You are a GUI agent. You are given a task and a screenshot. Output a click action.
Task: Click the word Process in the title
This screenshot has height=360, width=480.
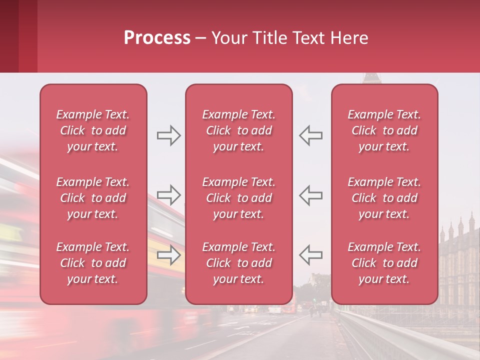point(157,38)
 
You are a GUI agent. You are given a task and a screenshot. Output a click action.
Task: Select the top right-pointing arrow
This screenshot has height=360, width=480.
point(168,135)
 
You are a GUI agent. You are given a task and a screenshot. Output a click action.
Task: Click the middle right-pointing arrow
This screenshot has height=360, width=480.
point(168,194)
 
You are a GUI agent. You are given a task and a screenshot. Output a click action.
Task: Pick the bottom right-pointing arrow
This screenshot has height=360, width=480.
point(168,254)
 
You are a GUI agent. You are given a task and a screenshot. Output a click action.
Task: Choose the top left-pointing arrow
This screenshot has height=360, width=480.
point(310,135)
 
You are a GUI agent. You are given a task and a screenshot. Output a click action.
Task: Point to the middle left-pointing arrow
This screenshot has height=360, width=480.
point(310,194)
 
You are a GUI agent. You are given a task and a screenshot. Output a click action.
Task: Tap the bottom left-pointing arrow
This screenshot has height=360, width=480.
point(310,254)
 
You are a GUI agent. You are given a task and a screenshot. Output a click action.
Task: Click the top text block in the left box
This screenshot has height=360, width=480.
point(93,130)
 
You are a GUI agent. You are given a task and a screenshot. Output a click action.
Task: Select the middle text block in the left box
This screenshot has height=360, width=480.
point(93,198)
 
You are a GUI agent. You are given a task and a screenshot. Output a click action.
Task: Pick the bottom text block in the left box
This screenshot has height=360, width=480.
point(93,263)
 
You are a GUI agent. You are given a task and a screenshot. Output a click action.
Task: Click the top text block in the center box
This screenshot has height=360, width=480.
point(239,130)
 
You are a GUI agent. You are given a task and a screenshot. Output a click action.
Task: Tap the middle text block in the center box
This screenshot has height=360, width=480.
point(239,198)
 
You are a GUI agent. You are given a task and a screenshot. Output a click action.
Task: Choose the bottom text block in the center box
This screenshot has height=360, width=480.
point(239,263)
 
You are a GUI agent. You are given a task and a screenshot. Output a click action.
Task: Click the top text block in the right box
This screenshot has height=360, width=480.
point(384,130)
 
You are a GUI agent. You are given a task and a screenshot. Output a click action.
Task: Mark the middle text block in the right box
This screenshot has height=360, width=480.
point(384,198)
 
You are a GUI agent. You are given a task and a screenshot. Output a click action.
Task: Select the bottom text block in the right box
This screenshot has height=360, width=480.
point(384,263)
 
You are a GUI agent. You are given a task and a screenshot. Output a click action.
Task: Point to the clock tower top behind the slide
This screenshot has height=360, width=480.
point(370,78)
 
